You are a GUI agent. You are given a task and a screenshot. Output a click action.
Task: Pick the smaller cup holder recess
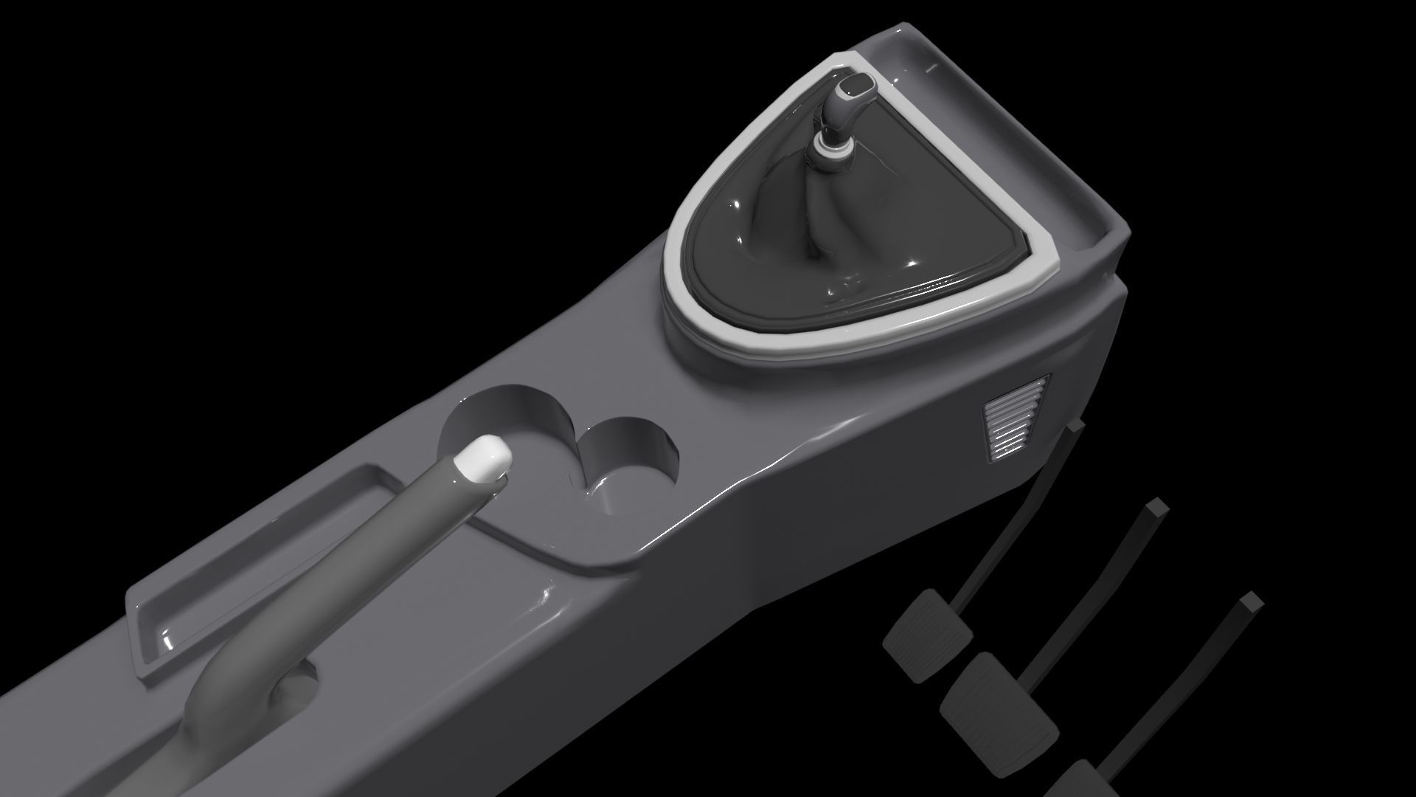coord(631,460)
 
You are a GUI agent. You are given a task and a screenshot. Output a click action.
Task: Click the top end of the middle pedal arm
coord(1155,508)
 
